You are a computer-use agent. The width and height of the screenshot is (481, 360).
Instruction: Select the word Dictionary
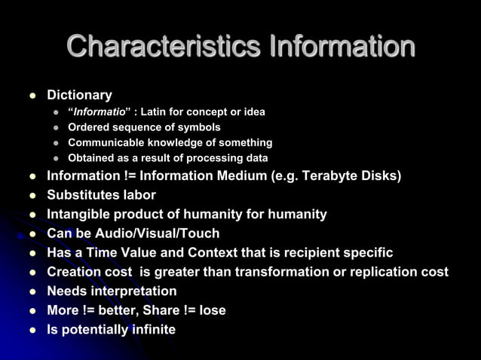79,96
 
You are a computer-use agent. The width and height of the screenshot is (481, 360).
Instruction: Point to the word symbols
199,127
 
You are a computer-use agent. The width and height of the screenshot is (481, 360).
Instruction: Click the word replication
378,271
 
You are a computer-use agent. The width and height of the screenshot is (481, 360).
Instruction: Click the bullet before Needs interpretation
32,291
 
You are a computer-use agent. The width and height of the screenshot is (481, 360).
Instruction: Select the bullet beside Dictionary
32,96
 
